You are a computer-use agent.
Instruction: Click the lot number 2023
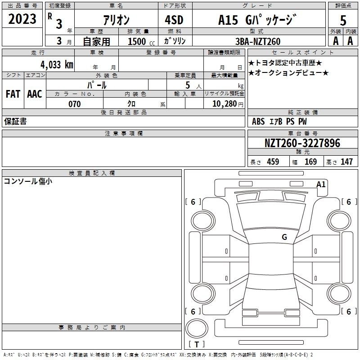[x=22, y=19]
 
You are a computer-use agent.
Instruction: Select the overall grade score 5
[x=343, y=21]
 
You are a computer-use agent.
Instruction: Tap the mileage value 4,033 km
[x=57, y=65]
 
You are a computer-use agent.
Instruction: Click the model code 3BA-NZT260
[x=258, y=41]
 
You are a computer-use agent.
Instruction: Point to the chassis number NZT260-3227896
[x=302, y=143]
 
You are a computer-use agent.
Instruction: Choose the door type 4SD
[x=174, y=20]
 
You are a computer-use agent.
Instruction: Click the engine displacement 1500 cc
[x=141, y=41]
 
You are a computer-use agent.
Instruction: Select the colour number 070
[x=75, y=104]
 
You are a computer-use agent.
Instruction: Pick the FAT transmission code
[x=13, y=94]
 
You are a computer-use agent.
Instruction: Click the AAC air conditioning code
[x=35, y=94]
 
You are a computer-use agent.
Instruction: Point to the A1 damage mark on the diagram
[x=321, y=184]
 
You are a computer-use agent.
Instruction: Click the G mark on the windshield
[x=284, y=237]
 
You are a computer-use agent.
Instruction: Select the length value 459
[x=273, y=162]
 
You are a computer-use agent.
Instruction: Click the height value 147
[x=346, y=162]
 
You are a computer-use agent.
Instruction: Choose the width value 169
[x=310, y=162]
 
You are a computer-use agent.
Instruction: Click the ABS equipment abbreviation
[x=258, y=121]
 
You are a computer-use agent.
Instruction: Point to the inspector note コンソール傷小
[x=28, y=181]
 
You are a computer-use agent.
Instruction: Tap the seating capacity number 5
[x=188, y=85]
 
